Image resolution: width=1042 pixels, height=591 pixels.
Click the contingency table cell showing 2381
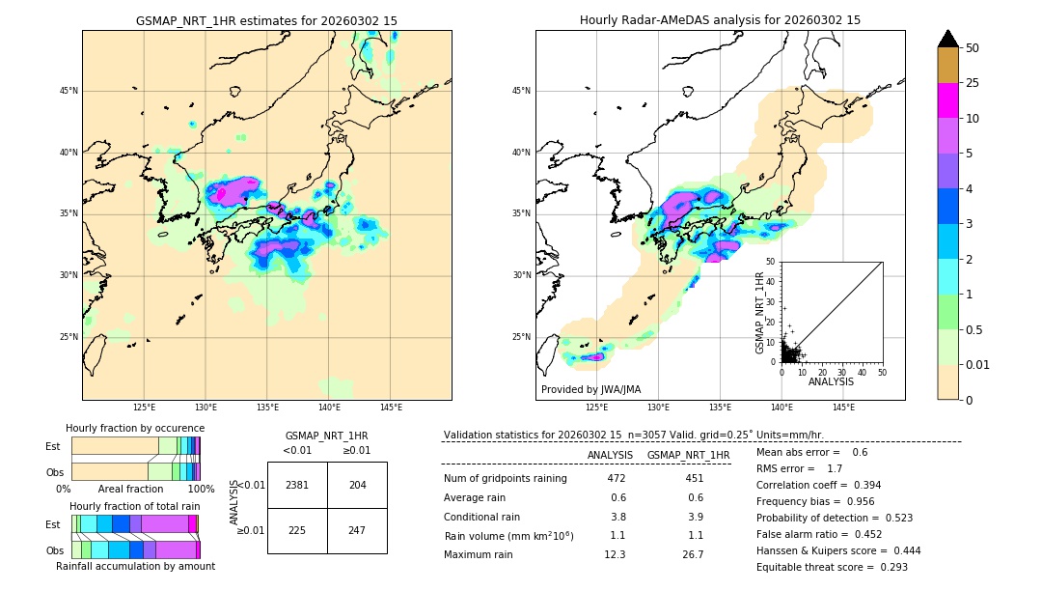click(x=297, y=485)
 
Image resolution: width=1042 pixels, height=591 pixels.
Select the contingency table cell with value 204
click(x=357, y=485)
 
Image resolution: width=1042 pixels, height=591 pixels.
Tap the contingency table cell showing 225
click(x=297, y=530)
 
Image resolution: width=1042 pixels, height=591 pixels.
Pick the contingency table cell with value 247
click(x=357, y=530)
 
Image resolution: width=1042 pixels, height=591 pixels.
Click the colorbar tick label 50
click(x=973, y=48)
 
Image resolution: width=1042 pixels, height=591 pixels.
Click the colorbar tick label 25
click(x=973, y=83)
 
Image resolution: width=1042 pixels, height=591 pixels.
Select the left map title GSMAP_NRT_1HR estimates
click(x=266, y=20)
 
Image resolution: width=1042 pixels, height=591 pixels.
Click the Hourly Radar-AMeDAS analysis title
click(x=720, y=20)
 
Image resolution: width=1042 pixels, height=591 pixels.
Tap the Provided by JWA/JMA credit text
click(x=590, y=390)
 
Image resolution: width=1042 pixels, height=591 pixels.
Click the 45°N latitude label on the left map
click(x=69, y=91)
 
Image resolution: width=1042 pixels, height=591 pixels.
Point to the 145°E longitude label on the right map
click(x=843, y=408)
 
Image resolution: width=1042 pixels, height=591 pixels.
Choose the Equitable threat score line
click(x=832, y=567)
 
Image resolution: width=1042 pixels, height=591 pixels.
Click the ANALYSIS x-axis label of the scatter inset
click(x=831, y=381)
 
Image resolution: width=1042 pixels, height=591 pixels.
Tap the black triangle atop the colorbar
click(x=948, y=39)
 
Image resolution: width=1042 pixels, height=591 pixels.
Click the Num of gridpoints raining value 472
click(x=617, y=479)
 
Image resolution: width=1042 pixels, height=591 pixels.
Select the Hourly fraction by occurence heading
click(x=135, y=428)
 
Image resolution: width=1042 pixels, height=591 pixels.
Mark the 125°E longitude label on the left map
click(x=144, y=408)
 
